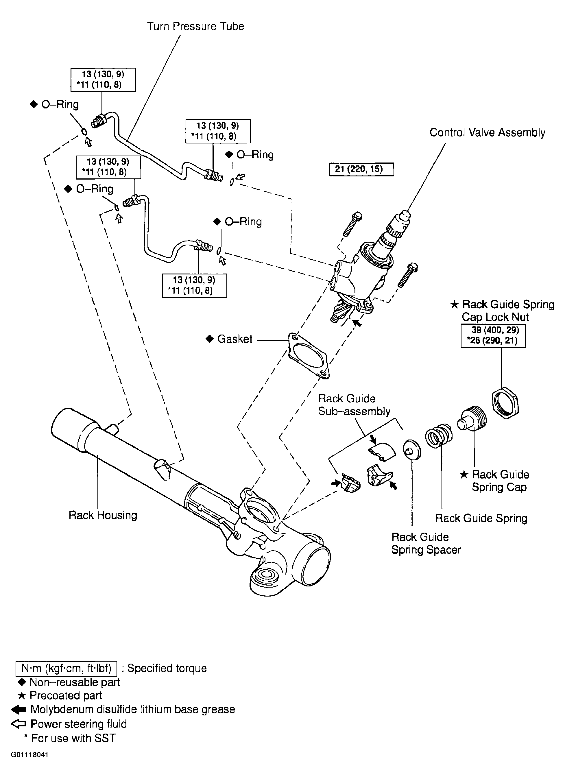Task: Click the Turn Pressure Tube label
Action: pos(195,26)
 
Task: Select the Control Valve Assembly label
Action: pos(488,133)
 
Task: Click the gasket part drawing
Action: pos(308,355)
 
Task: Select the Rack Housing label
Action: pos(103,515)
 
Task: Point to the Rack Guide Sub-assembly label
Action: pos(354,405)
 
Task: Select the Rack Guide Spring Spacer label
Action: pos(426,543)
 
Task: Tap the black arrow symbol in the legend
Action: pos(18,709)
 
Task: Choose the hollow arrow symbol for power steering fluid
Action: pos(18,724)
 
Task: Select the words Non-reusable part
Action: pos(75,682)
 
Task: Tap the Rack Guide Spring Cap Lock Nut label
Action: pos(503,311)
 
